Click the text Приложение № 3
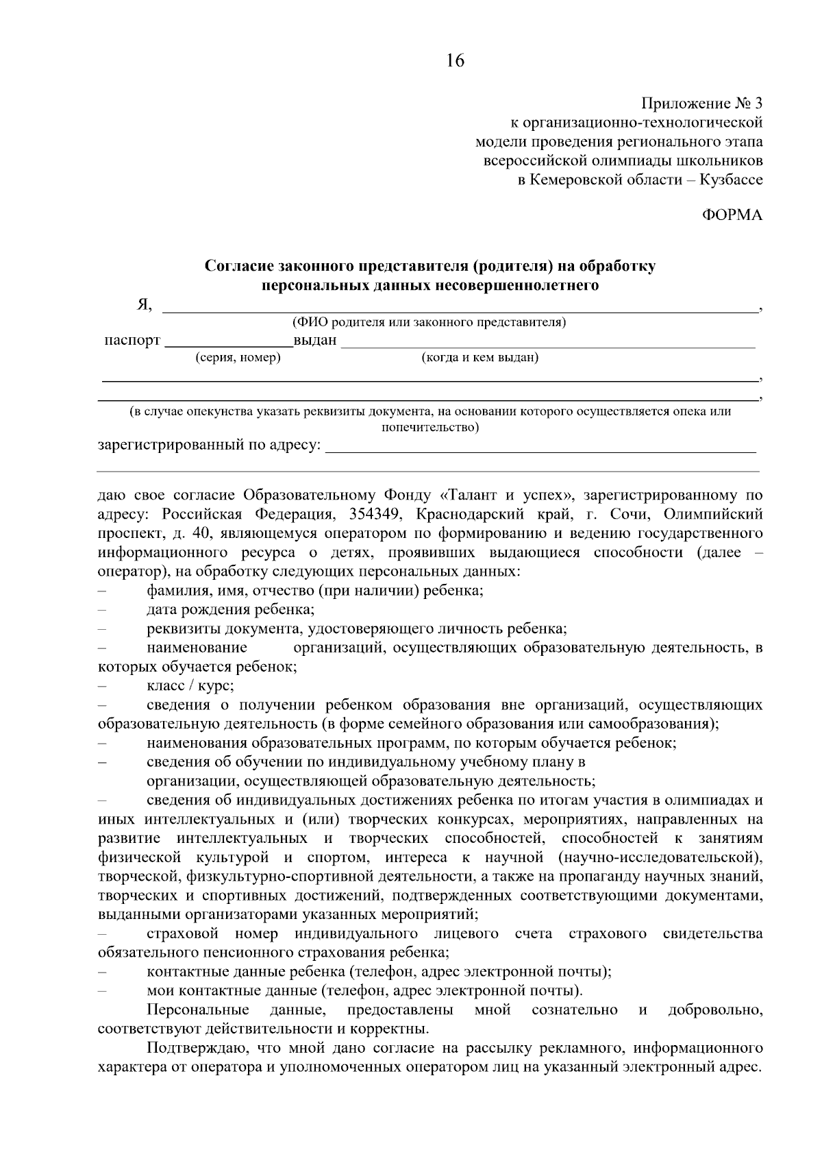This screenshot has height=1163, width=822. [701, 104]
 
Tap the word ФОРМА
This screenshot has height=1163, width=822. [732, 215]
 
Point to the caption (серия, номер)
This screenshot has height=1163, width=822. [238, 358]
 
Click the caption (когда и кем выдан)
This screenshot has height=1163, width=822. [480, 358]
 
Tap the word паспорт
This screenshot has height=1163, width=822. [132, 341]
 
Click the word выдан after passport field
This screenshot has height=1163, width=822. [315, 341]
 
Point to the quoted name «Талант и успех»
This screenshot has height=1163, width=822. [505, 495]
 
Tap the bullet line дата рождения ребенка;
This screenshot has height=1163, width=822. [231, 609]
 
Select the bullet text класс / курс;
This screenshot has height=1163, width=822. [190, 685]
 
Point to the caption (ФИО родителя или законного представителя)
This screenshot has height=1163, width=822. [429, 322]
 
